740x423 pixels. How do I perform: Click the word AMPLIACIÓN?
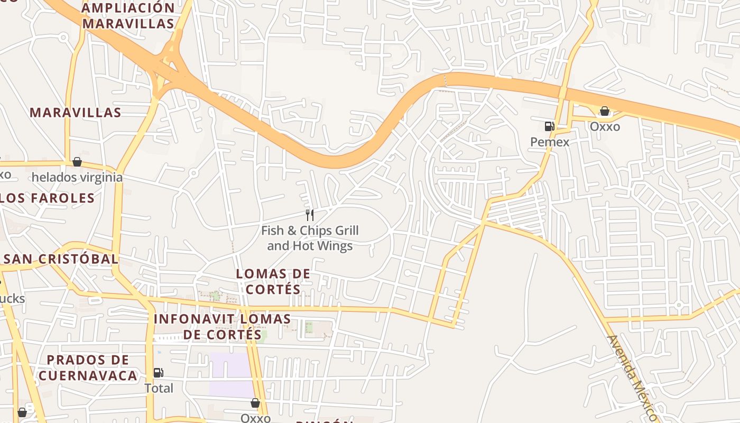(x=128, y=8)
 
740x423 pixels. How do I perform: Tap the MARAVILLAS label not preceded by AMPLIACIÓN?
(x=76, y=112)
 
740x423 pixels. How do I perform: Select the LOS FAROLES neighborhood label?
(x=47, y=198)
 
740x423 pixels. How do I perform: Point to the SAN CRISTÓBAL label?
(x=60, y=259)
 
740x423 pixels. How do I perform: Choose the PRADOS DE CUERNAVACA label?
(x=88, y=368)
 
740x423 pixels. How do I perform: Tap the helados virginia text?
(x=77, y=177)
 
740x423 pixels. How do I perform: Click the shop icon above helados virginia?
(x=77, y=162)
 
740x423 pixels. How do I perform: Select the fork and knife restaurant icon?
(x=310, y=215)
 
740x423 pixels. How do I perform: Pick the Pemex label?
(x=550, y=142)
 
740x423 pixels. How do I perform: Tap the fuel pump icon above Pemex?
(x=550, y=126)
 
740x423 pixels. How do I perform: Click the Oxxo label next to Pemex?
(x=605, y=127)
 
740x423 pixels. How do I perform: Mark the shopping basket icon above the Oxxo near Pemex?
(x=604, y=111)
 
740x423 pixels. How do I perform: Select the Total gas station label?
(x=159, y=388)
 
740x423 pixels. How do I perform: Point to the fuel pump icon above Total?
(x=158, y=373)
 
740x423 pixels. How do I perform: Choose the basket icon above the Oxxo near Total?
(x=255, y=403)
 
